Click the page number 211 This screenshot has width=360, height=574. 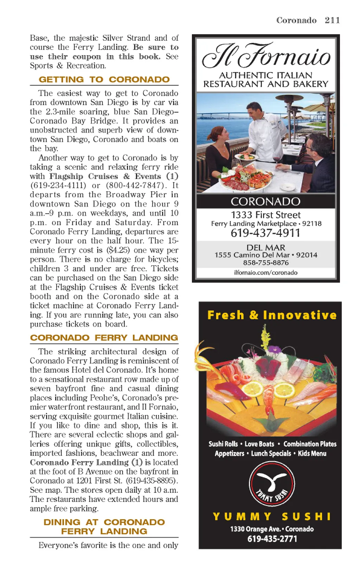(332, 20)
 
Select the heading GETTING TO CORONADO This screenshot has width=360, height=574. (104, 79)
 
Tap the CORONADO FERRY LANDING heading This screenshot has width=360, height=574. (104, 338)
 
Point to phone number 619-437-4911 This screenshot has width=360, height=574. (265, 233)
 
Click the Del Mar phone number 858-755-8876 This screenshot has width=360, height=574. (266, 263)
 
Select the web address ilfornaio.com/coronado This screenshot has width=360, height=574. (266, 272)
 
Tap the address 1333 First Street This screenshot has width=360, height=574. (265, 215)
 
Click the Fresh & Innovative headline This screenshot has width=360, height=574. (272, 315)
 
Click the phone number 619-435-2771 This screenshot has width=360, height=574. (272, 539)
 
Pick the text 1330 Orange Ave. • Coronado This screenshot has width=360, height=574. (272, 529)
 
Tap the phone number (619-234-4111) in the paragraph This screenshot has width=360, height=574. (58, 185)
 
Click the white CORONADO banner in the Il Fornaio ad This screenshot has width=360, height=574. (265, 202)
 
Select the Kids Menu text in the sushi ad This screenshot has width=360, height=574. (312, 453)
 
